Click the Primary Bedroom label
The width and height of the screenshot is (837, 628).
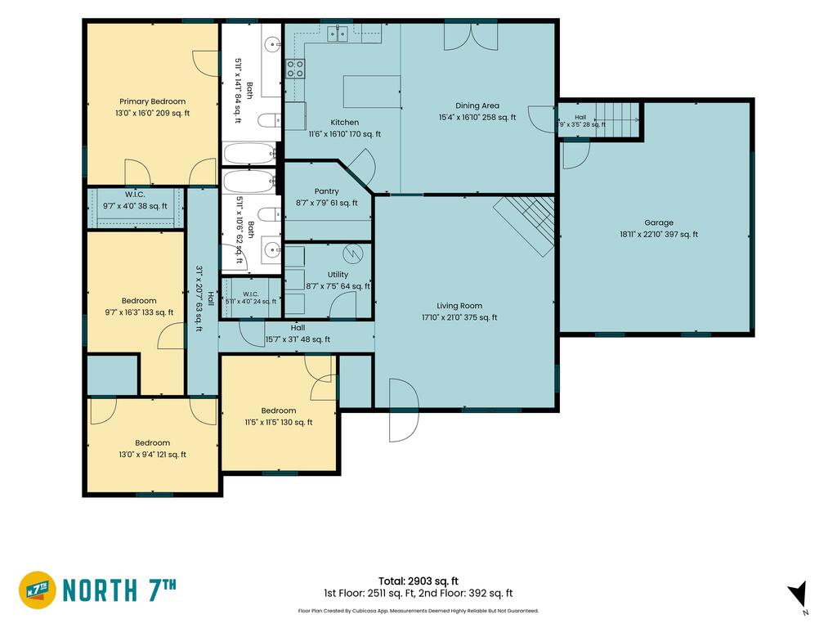pos(153,101)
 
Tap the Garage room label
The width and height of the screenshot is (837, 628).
pos(659,222)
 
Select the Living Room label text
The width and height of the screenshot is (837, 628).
pos(459,306)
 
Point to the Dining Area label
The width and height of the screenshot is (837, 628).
pos(477,105)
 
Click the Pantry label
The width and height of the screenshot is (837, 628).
pos(327,191)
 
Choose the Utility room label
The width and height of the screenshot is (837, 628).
pos(338,275)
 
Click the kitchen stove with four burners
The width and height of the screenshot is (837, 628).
pos(295,69)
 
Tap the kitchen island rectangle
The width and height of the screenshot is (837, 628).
pos(372,92)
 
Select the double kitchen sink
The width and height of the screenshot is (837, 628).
pos(338,33)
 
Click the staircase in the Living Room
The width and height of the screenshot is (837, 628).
pos(526,224)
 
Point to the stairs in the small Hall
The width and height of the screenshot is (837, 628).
pos(617,112)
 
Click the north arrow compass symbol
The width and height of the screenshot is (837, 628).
pos(799,594)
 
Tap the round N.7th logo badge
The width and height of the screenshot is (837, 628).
pos(38,590)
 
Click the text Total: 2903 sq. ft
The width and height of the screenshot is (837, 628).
pos(418,581)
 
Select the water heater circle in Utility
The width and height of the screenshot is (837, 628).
pos(353,253)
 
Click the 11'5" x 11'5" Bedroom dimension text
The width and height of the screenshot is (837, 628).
pos(279,422)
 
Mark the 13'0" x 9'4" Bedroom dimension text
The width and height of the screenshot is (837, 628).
pos(153,455)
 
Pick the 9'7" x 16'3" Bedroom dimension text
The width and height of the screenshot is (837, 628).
pos(139,312)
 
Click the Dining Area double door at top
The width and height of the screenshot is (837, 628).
pos(471,36)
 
